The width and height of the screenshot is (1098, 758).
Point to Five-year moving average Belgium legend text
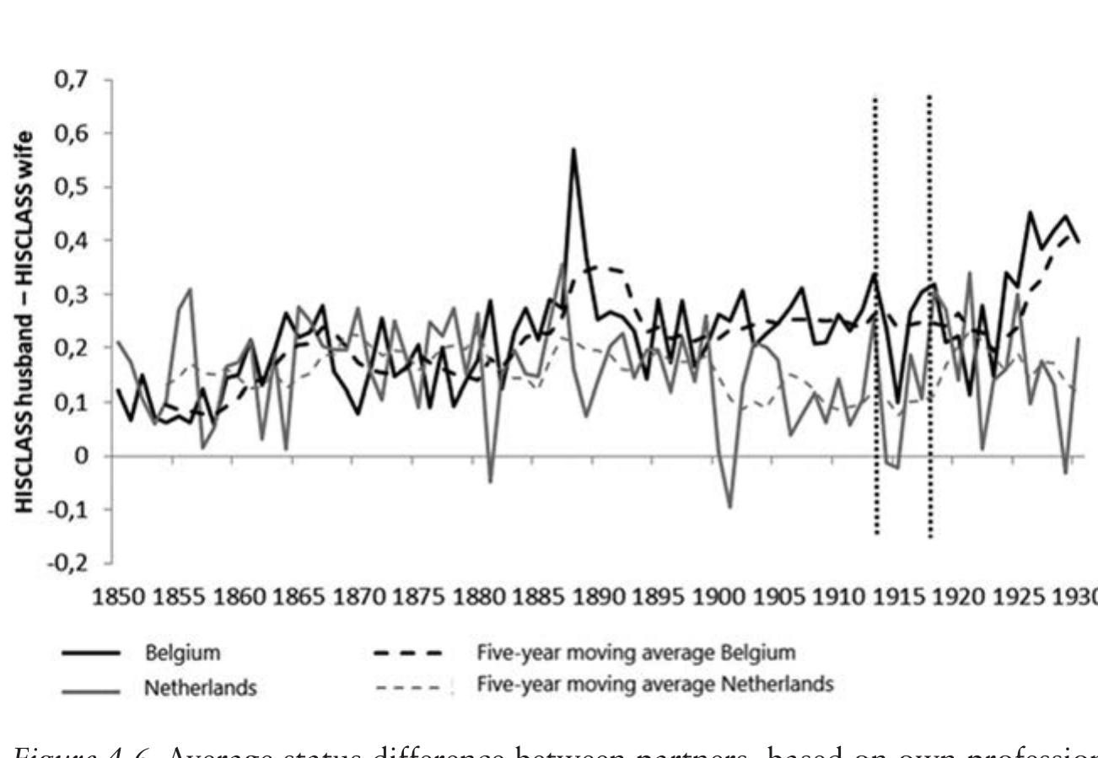pos(636,653)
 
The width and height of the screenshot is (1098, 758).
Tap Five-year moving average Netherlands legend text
pos(655,685)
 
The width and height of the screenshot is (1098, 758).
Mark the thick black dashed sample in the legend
pos(408,653)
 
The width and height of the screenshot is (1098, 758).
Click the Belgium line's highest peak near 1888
pos(573,149)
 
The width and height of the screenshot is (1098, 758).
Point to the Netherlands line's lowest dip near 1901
pos(729,507)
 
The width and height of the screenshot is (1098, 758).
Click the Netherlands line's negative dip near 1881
pos(490,481)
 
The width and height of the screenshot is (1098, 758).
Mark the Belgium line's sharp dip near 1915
pos(897,401)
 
